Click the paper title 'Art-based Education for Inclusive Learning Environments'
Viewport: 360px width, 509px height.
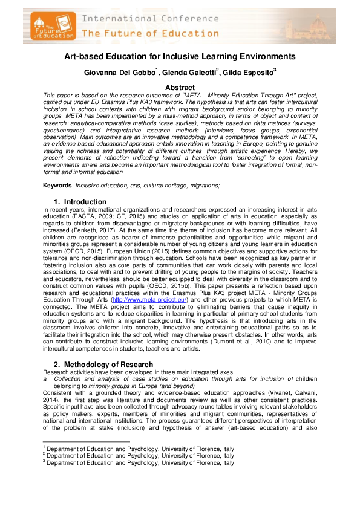(x=180, y=57)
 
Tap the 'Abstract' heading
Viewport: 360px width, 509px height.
(x=180, y=88)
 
